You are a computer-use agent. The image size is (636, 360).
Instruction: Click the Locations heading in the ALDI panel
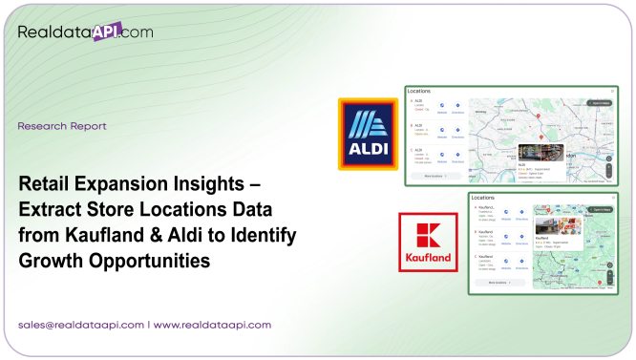click(418, 92)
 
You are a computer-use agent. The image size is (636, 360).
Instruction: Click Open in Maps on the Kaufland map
click(600, 208)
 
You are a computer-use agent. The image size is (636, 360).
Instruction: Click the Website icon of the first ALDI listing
click(442, 106)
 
